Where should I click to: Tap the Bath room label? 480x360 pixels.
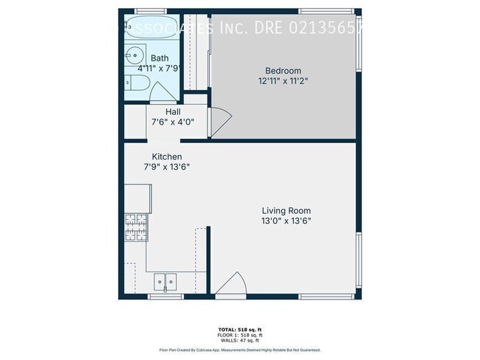click(160, 58)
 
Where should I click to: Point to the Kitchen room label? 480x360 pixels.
click(167, 156)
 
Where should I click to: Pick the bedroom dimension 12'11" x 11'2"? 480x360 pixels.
click(284, 80)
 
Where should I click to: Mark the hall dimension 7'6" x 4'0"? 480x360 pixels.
click(174, 122)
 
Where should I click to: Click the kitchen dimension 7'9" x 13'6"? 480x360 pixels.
click(167, 167)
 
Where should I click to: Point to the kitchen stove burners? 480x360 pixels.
click(137, 227)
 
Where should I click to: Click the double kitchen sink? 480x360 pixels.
click(165, 281)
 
